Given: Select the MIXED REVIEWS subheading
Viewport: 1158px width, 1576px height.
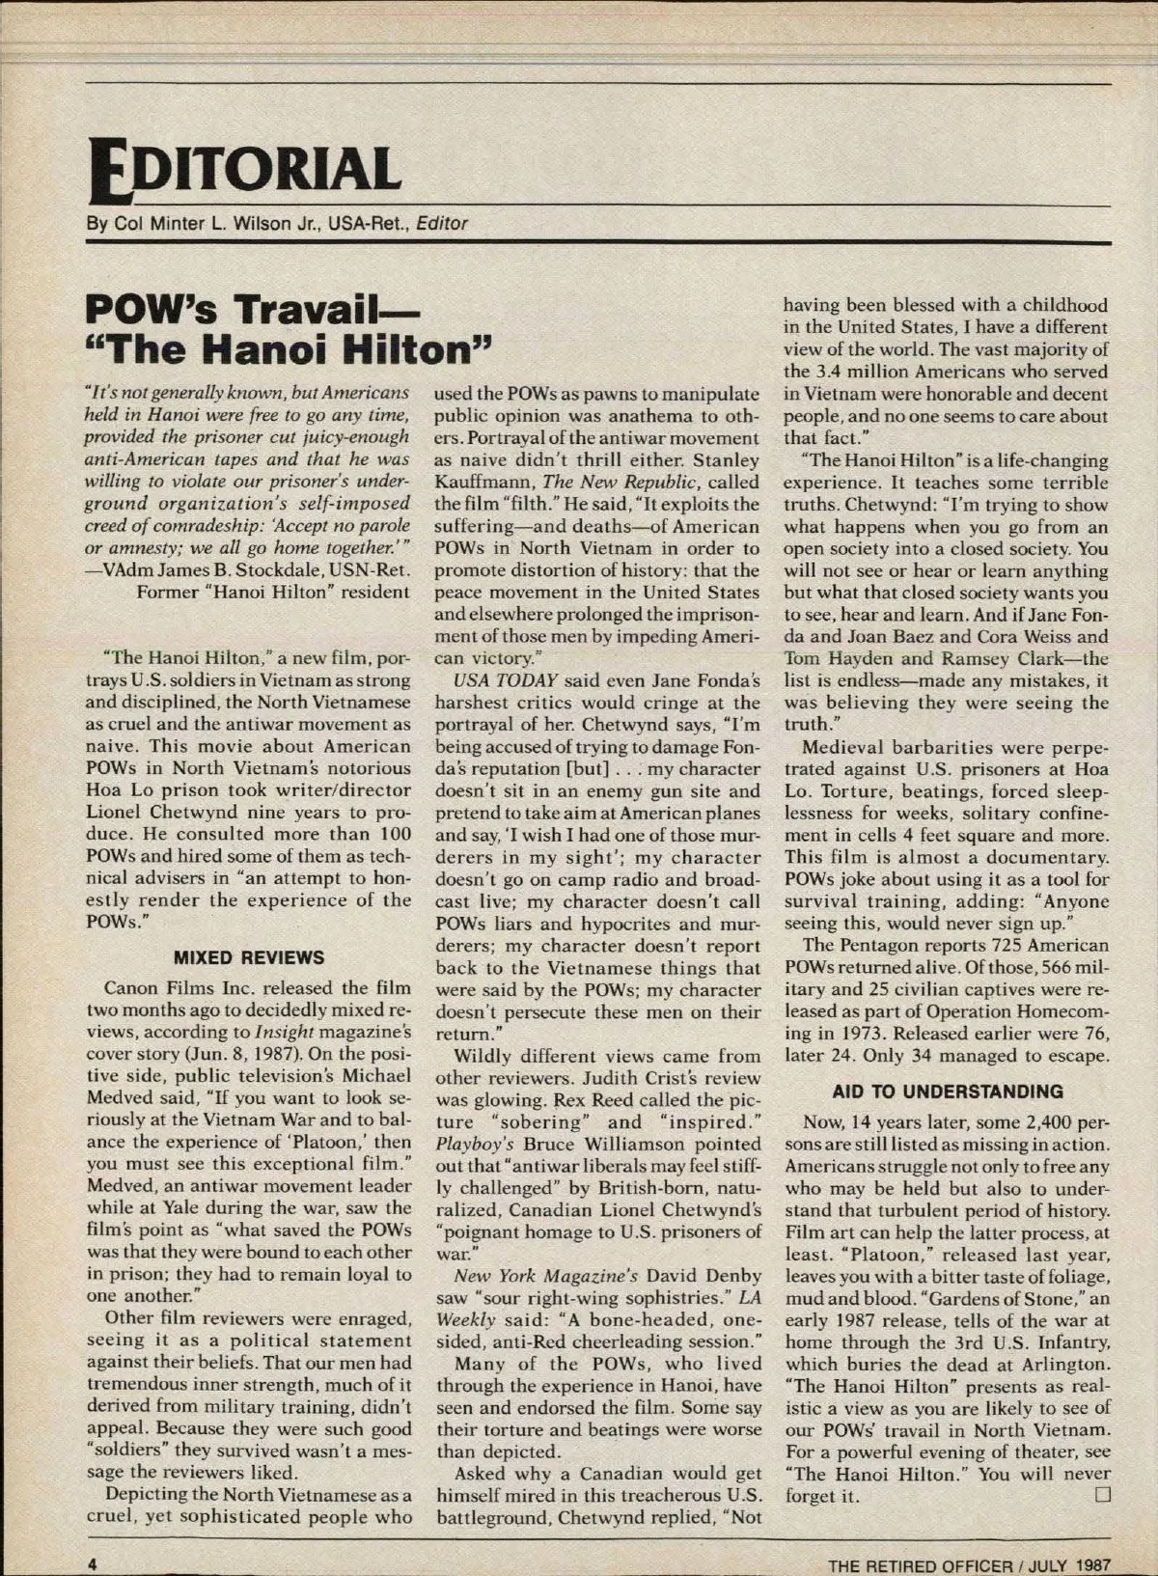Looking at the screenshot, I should (x=248, y=957).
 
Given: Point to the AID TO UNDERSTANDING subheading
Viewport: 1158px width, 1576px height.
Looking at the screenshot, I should (x=948, y=1092).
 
